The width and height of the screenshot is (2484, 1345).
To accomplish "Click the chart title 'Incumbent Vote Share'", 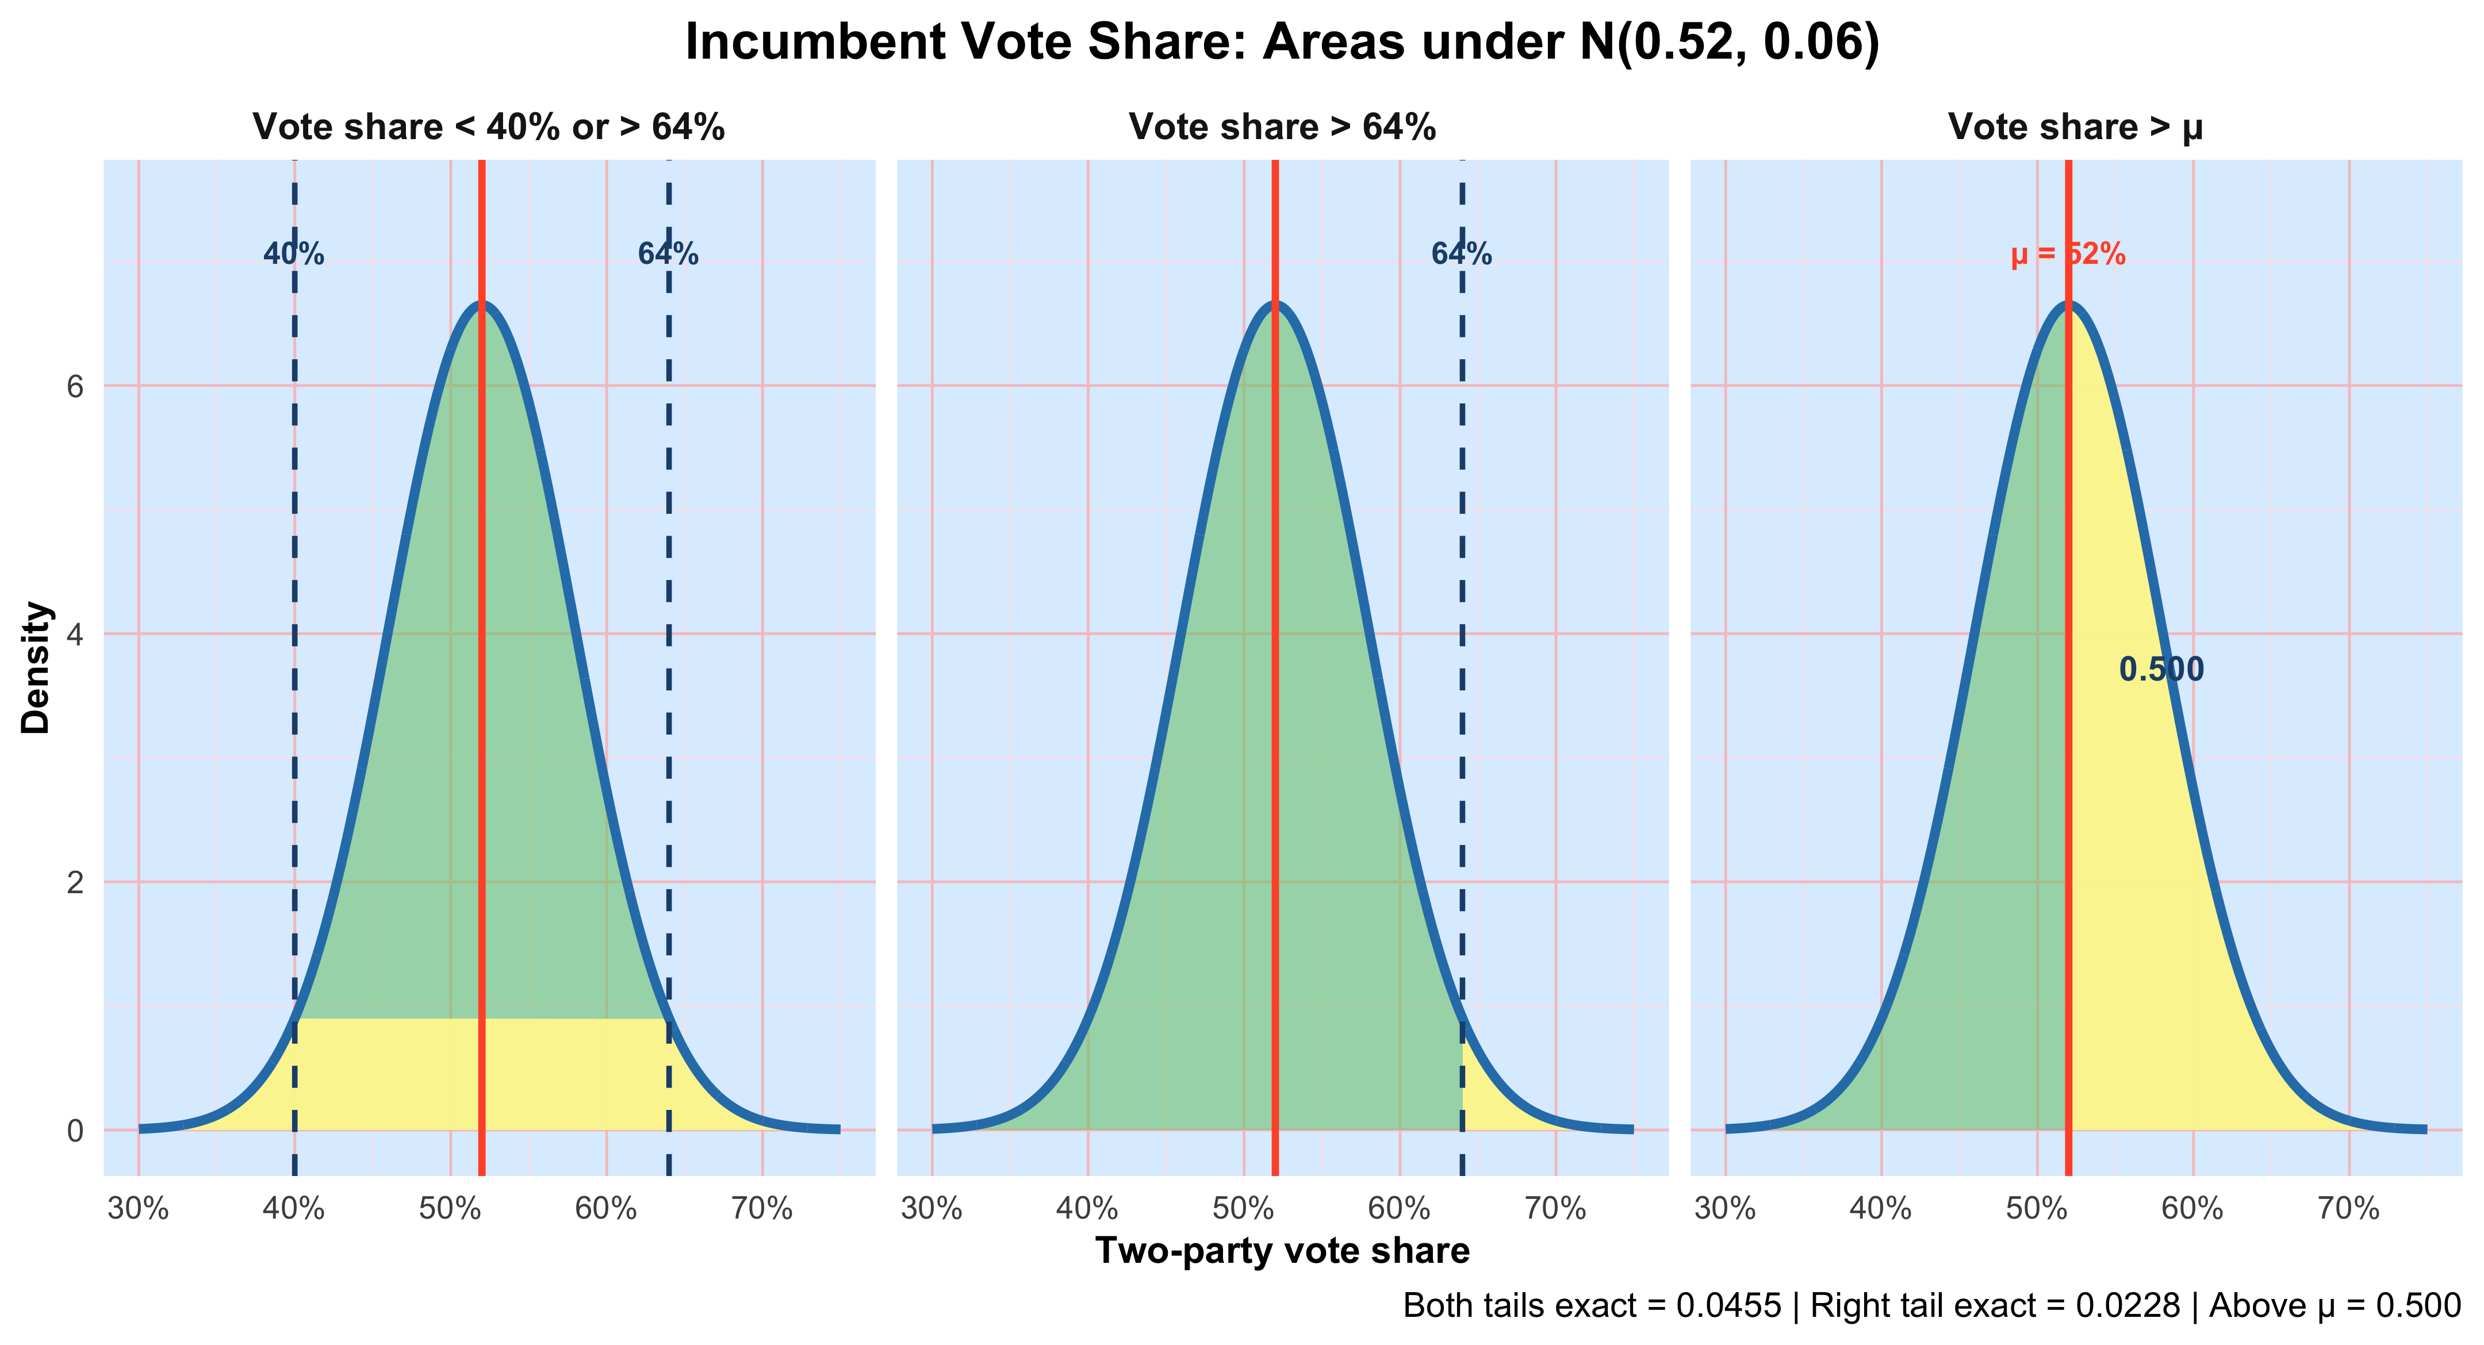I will pos(1282,43).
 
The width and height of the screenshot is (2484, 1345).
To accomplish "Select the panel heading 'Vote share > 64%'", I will pos(1282,127).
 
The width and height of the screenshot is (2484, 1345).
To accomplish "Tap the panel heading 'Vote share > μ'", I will pos(2075,127).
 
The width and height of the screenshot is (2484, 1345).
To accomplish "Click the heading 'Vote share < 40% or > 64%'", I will pos(488,127).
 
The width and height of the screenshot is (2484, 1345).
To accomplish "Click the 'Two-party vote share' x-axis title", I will pos(1282,1251).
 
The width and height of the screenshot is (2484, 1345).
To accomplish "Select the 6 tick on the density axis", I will pos(75,387).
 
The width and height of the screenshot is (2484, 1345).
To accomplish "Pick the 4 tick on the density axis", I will pos(75,635).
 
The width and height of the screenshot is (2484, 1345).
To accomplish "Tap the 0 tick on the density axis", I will pos(75,1130).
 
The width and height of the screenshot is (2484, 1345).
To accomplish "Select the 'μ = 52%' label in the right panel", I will pos(2068,255).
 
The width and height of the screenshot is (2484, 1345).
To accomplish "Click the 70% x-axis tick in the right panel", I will pos(2348,1208).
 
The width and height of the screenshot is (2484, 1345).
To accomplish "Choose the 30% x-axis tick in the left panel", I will pos(138,1208).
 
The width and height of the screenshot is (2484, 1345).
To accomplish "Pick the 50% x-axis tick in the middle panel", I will pos(1243,1208).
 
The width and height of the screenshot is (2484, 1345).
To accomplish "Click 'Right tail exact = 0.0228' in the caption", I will pos(1994,1305).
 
